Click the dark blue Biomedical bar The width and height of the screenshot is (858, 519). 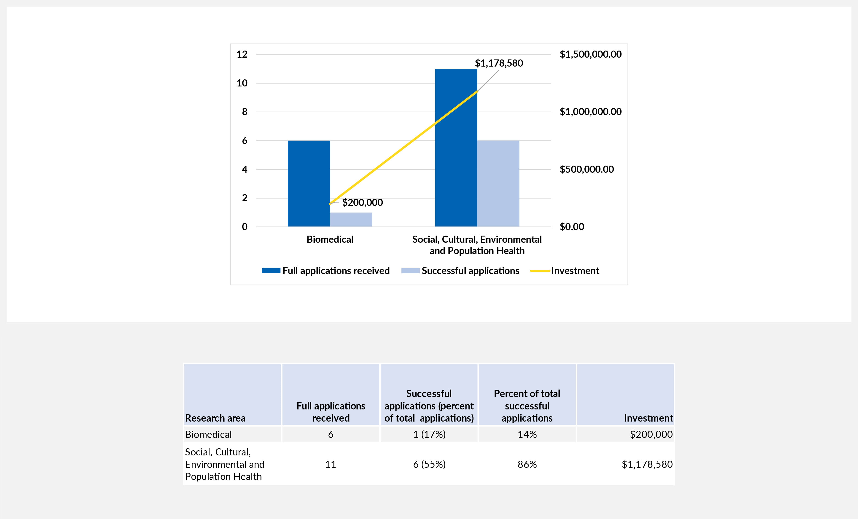pyautogui.click(x=309, y=184)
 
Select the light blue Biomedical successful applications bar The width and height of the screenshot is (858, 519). pyautogui.click(x=351, y=220)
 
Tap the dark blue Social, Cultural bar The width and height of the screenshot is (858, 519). pyautogui.click(x=456, y=148)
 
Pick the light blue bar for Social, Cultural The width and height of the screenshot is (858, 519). pyautogui.click(x=498, y=184)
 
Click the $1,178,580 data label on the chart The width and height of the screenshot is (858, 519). pyautogui.click(x=499, y=63)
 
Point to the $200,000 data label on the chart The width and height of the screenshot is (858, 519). pyautogui.click(x=362, y=202)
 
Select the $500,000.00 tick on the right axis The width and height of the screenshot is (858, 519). pyautogui.click(x=586, y=169)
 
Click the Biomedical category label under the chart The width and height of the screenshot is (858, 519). pyautogui.click(x=330, y=239)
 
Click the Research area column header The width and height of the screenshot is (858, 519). pyautogui.click(x=215, y=418)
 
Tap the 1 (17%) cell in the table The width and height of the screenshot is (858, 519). pyautogui.click(x=429, y=434)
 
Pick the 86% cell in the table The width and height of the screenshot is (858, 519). pyautogui.click(x=527, y=464)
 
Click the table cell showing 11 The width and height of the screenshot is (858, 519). pyautogui.click(x=331, y=464)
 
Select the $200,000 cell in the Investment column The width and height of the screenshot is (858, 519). pyautogui.click(x=651, y=434)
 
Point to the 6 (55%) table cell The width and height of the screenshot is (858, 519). pyautogui.click(x=429, y=464)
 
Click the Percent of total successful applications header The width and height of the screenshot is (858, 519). pyautogui.click(x=527, y=406)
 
